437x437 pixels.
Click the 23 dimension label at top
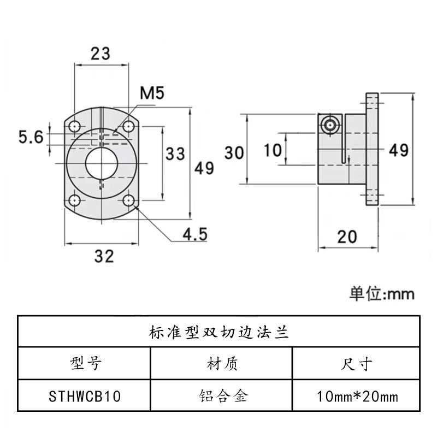tap(101, 54)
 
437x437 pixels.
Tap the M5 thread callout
tap(152, 93)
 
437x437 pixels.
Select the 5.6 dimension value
tap(31, 137)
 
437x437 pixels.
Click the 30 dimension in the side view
tap(233, 153)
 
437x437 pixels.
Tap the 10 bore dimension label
tap(273, 149)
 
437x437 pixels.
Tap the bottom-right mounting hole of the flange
tap(129, 200)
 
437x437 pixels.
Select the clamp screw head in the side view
tap(330, 125)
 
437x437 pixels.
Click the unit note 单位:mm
tap(382, 294)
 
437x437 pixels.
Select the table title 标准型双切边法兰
tap(218, 332)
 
